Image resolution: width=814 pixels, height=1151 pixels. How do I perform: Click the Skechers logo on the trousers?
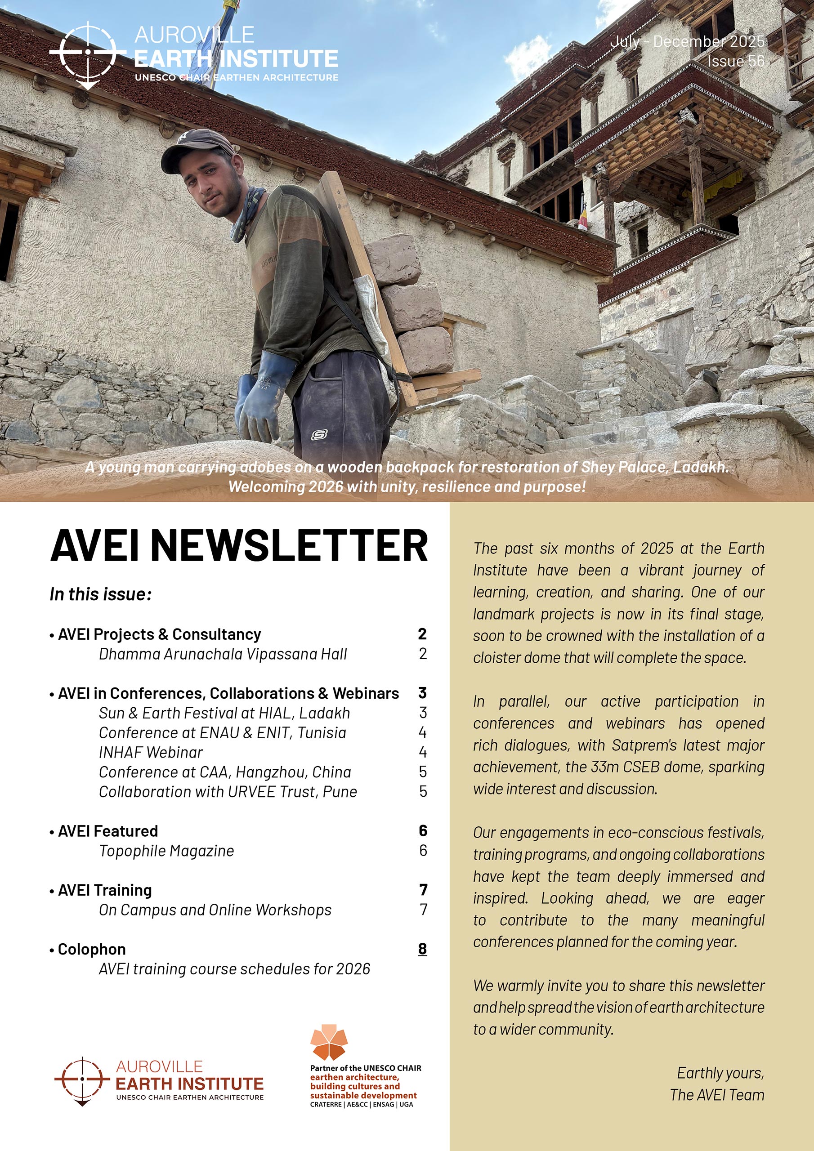click(319, 435)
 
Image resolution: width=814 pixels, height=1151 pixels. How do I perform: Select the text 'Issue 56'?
click(736, 61)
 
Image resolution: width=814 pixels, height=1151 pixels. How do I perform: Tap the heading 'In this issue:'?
click(101, 594)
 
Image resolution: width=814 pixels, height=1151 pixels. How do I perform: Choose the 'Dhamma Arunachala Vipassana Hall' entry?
click(223, 654)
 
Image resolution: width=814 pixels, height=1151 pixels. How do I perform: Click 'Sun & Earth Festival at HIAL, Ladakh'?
click(224, 713)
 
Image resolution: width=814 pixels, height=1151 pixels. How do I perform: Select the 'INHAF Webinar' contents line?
click(151, 752)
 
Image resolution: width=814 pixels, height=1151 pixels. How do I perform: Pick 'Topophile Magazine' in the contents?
click(166, 851)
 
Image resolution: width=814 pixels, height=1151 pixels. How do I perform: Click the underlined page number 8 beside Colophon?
click(422, 949)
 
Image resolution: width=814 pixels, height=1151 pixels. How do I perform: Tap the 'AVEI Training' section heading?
click(105, 890)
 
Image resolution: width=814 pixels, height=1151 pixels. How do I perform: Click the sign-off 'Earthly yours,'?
click(720, 1073)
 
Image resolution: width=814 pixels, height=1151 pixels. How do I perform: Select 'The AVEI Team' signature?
click(717, 1095)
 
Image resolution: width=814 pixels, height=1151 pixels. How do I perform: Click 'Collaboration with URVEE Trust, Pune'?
click(228, 792)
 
